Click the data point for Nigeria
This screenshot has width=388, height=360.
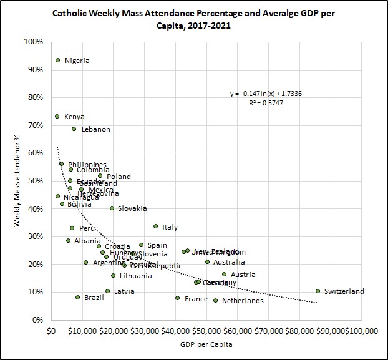(57, 61)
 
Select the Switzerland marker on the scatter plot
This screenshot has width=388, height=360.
(318, 291)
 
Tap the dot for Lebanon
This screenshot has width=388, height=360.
(74, 129)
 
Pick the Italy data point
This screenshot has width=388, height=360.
(155, 226)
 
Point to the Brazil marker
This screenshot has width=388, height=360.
(77, 298)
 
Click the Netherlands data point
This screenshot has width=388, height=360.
(216, 300)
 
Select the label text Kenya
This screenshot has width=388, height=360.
(74, 117)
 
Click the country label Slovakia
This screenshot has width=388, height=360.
(132, 208)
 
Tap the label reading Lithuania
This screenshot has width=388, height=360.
(135, 276)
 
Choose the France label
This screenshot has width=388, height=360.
(196, 299)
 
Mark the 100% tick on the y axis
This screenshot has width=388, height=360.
(33, 42)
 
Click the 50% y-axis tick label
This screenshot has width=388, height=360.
(34, 181)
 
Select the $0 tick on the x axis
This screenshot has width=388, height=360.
(51, 330)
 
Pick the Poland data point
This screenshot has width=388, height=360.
(100, 176)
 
